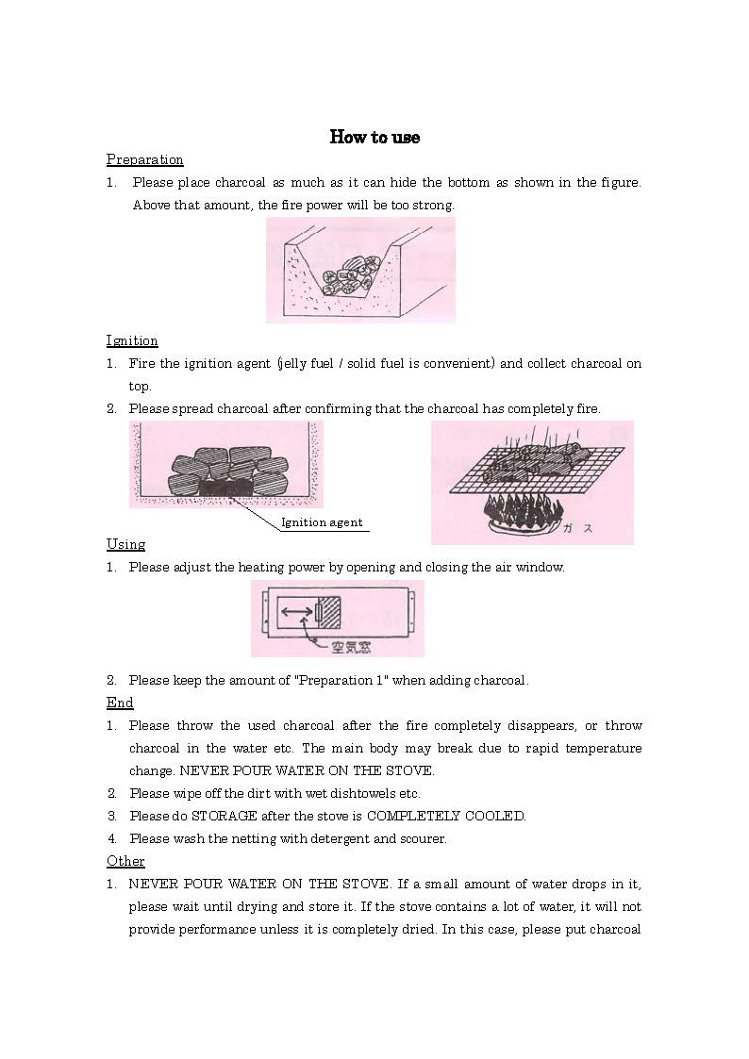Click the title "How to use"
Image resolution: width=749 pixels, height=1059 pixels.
pos(374,138)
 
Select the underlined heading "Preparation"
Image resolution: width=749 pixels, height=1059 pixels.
pos(144,159)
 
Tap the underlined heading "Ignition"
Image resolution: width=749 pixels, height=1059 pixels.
pos(132,340)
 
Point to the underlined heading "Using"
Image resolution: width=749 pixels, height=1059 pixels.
pos(125,544)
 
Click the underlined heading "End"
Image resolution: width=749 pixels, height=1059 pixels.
pos(120,703)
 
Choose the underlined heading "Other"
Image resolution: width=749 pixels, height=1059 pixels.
pos(125,861)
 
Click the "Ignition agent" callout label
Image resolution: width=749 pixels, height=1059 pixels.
pos(322,522)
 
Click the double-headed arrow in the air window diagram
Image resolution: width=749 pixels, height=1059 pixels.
pos(297,613)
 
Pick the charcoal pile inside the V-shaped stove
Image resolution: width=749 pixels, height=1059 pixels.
pos(350,273)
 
